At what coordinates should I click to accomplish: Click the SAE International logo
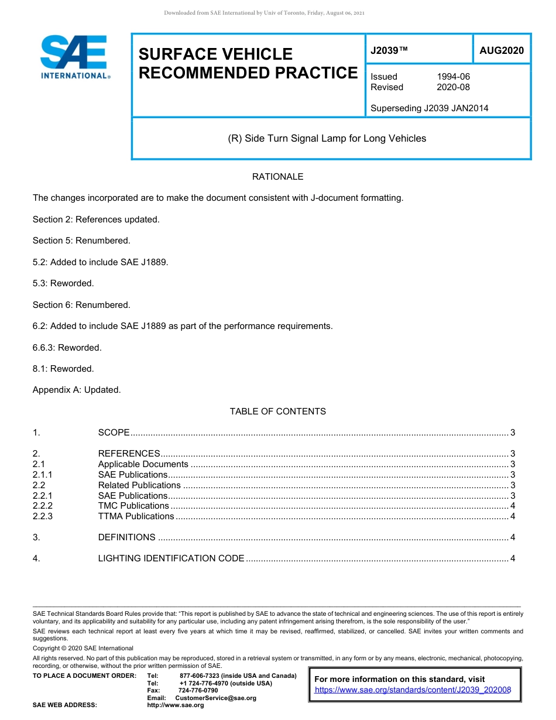(74, 57)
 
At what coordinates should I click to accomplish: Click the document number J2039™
(389, 51)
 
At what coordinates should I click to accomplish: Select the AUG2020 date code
(502, 51)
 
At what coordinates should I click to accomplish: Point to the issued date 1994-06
(453, 77)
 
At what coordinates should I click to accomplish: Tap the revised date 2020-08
(453, 87)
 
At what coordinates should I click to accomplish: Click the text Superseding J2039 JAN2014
(429, 108)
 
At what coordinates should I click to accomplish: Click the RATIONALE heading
(277, 177)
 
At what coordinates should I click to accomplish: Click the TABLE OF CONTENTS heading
(277, 412)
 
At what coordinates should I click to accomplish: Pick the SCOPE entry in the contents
(114, 433)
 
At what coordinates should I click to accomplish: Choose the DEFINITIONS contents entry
(127, 537)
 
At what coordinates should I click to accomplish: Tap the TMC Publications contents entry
(133, 506)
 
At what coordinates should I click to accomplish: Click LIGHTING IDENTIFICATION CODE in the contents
(171, 558)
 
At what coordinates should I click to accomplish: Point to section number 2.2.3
(43, 516)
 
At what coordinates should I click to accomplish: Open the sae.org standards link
(413, 690)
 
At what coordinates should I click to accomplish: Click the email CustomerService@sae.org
(215, 698)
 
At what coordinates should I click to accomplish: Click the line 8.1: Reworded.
(63, 369)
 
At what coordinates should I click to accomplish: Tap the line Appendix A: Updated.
(77, 390)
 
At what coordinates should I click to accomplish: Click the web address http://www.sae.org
(176, 705)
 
